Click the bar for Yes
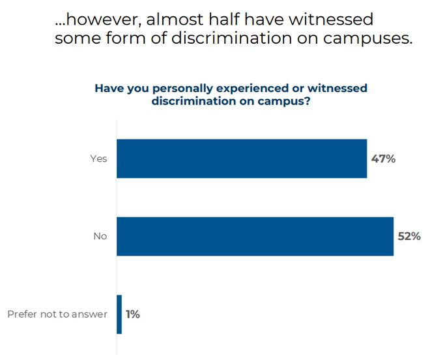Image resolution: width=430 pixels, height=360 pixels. pos(242,158)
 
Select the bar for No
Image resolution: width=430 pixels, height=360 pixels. pos(255,236)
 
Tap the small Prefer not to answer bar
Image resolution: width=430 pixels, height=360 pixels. pos(119,314)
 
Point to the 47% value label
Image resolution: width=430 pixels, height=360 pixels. pos(383,158)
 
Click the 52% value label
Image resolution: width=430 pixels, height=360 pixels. pos(409,236)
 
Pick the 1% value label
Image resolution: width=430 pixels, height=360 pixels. pos(133,314)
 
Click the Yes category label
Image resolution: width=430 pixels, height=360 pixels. pos(99,158)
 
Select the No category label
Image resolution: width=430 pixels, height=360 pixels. pos(100,236)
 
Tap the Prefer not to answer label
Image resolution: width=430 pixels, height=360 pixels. pos(57,314)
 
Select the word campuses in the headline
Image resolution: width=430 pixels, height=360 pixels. pos(367,38)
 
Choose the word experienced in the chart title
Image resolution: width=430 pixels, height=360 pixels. pos(251,89)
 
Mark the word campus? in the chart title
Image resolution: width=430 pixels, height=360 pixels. pos(284,101)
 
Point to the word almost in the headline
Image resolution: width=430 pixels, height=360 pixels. pos(175,19)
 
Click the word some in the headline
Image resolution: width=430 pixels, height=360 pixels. pos(78,38)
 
